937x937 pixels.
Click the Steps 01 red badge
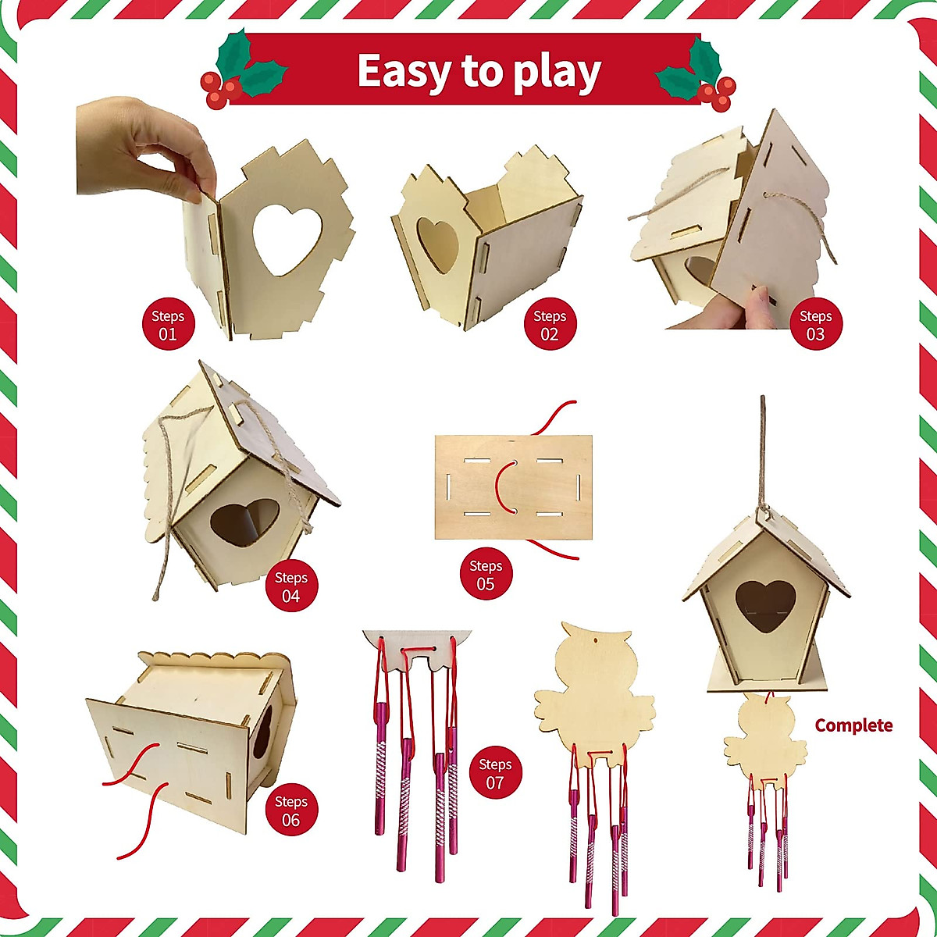click(x=168, y=325)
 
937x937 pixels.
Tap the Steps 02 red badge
click(x=550, y=325)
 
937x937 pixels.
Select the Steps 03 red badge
click(x=815, y=325)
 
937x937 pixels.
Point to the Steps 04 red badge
click(x=290, y=586)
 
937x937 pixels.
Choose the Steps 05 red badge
click(x=486, y=575)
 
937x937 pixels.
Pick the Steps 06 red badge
click(x=290, y=811)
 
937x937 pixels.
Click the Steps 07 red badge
click(x=495, y=773)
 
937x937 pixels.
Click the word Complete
click(x=853, y=725)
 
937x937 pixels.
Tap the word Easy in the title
click(x=404, y=72)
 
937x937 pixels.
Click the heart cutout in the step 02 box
click(x=438, y=244)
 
